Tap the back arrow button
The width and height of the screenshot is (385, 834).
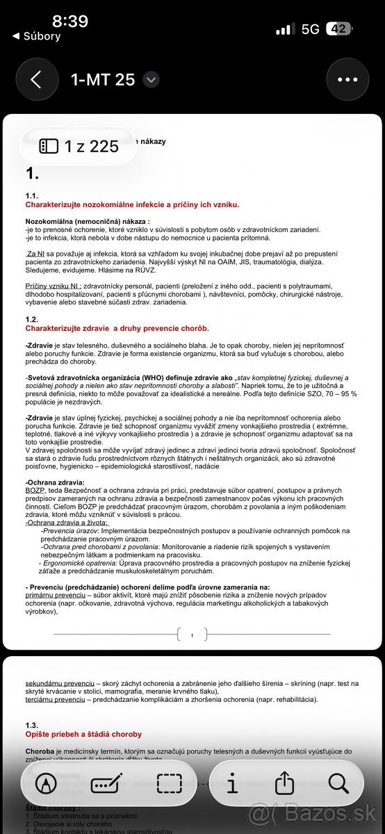(x=36, y=79)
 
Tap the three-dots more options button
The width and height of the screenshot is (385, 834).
(x=347, y=79)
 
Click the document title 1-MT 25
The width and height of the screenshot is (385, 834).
(x=102, y=79)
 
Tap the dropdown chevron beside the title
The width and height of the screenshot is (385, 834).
(x=151, y=80)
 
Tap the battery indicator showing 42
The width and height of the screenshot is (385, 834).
(x=338, y=29)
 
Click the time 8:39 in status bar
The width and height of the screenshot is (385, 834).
(x=69, y=21)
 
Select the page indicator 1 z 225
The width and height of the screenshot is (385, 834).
(x=79, y=146)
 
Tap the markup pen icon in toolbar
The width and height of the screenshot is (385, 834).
(x=47, y=783)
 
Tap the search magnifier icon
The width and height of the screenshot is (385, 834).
(x=338, y=783)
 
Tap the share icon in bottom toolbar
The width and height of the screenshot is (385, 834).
(x=285, y=783)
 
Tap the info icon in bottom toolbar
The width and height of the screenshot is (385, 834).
(x=232, y=783)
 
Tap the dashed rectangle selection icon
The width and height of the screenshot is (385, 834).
(x=169, y=783)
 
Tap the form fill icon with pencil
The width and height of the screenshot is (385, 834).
(x=107, y=783)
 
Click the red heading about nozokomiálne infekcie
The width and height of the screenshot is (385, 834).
(x=132, y=204)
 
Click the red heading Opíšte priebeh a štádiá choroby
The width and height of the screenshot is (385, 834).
(x=83, y=734)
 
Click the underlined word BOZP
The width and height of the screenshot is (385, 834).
(x=35, y=470)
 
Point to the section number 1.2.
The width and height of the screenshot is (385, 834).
(x=32, y=319)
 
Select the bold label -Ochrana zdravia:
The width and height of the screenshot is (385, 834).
(x=55, y=462)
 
